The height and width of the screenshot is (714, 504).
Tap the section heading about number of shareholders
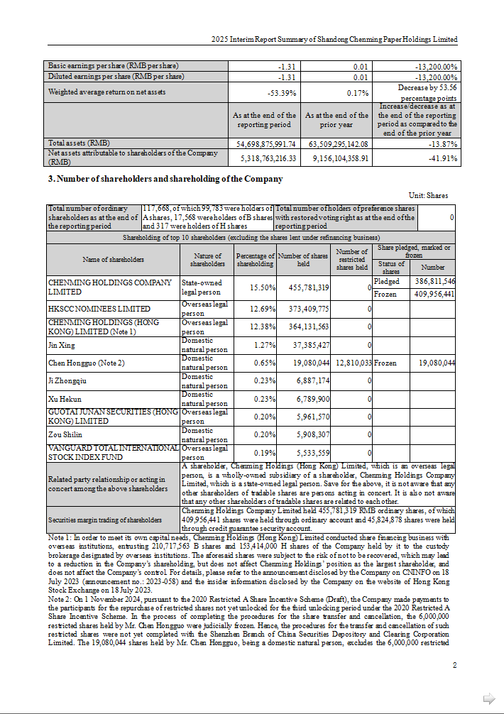165,179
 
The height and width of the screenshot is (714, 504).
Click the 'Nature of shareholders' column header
207,260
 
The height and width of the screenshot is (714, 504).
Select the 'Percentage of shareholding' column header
255,260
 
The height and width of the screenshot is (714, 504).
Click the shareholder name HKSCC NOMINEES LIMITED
99,309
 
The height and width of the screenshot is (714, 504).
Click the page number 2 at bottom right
454,665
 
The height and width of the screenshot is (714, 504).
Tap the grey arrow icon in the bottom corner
488,698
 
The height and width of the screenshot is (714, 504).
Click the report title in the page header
334,40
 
